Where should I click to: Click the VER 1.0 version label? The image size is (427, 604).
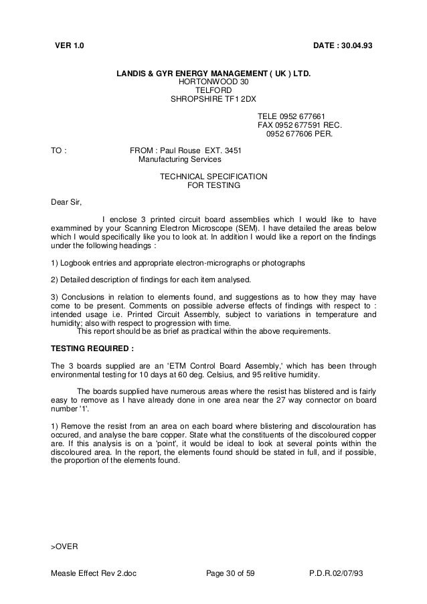(70, 45)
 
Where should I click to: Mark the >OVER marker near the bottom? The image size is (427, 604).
(65, 546)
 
